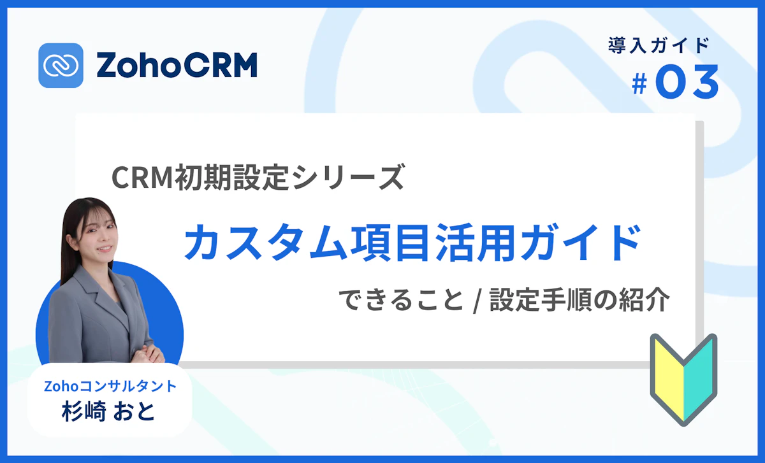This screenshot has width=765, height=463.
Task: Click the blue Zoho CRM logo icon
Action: tap(61, 65)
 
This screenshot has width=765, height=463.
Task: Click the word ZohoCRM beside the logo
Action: tap(177, 65)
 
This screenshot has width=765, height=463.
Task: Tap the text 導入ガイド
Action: tap(659, 45)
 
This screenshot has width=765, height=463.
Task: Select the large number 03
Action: tap(687, 83)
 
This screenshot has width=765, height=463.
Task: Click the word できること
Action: tap(400, 300)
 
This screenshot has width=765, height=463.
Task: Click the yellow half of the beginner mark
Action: tap(666, 376)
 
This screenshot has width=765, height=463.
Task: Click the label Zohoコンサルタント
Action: tap(110, 385)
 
